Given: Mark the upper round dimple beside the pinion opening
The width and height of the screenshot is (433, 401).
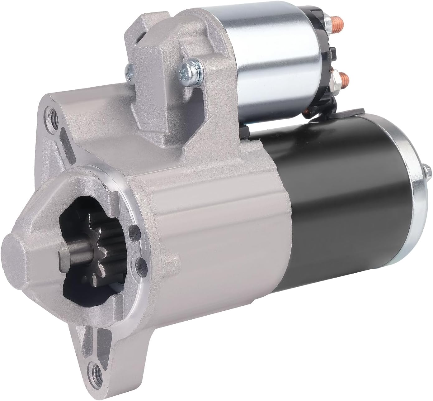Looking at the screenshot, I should coord(134,230).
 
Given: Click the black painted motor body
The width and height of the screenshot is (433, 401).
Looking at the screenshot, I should coord(342,193).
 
